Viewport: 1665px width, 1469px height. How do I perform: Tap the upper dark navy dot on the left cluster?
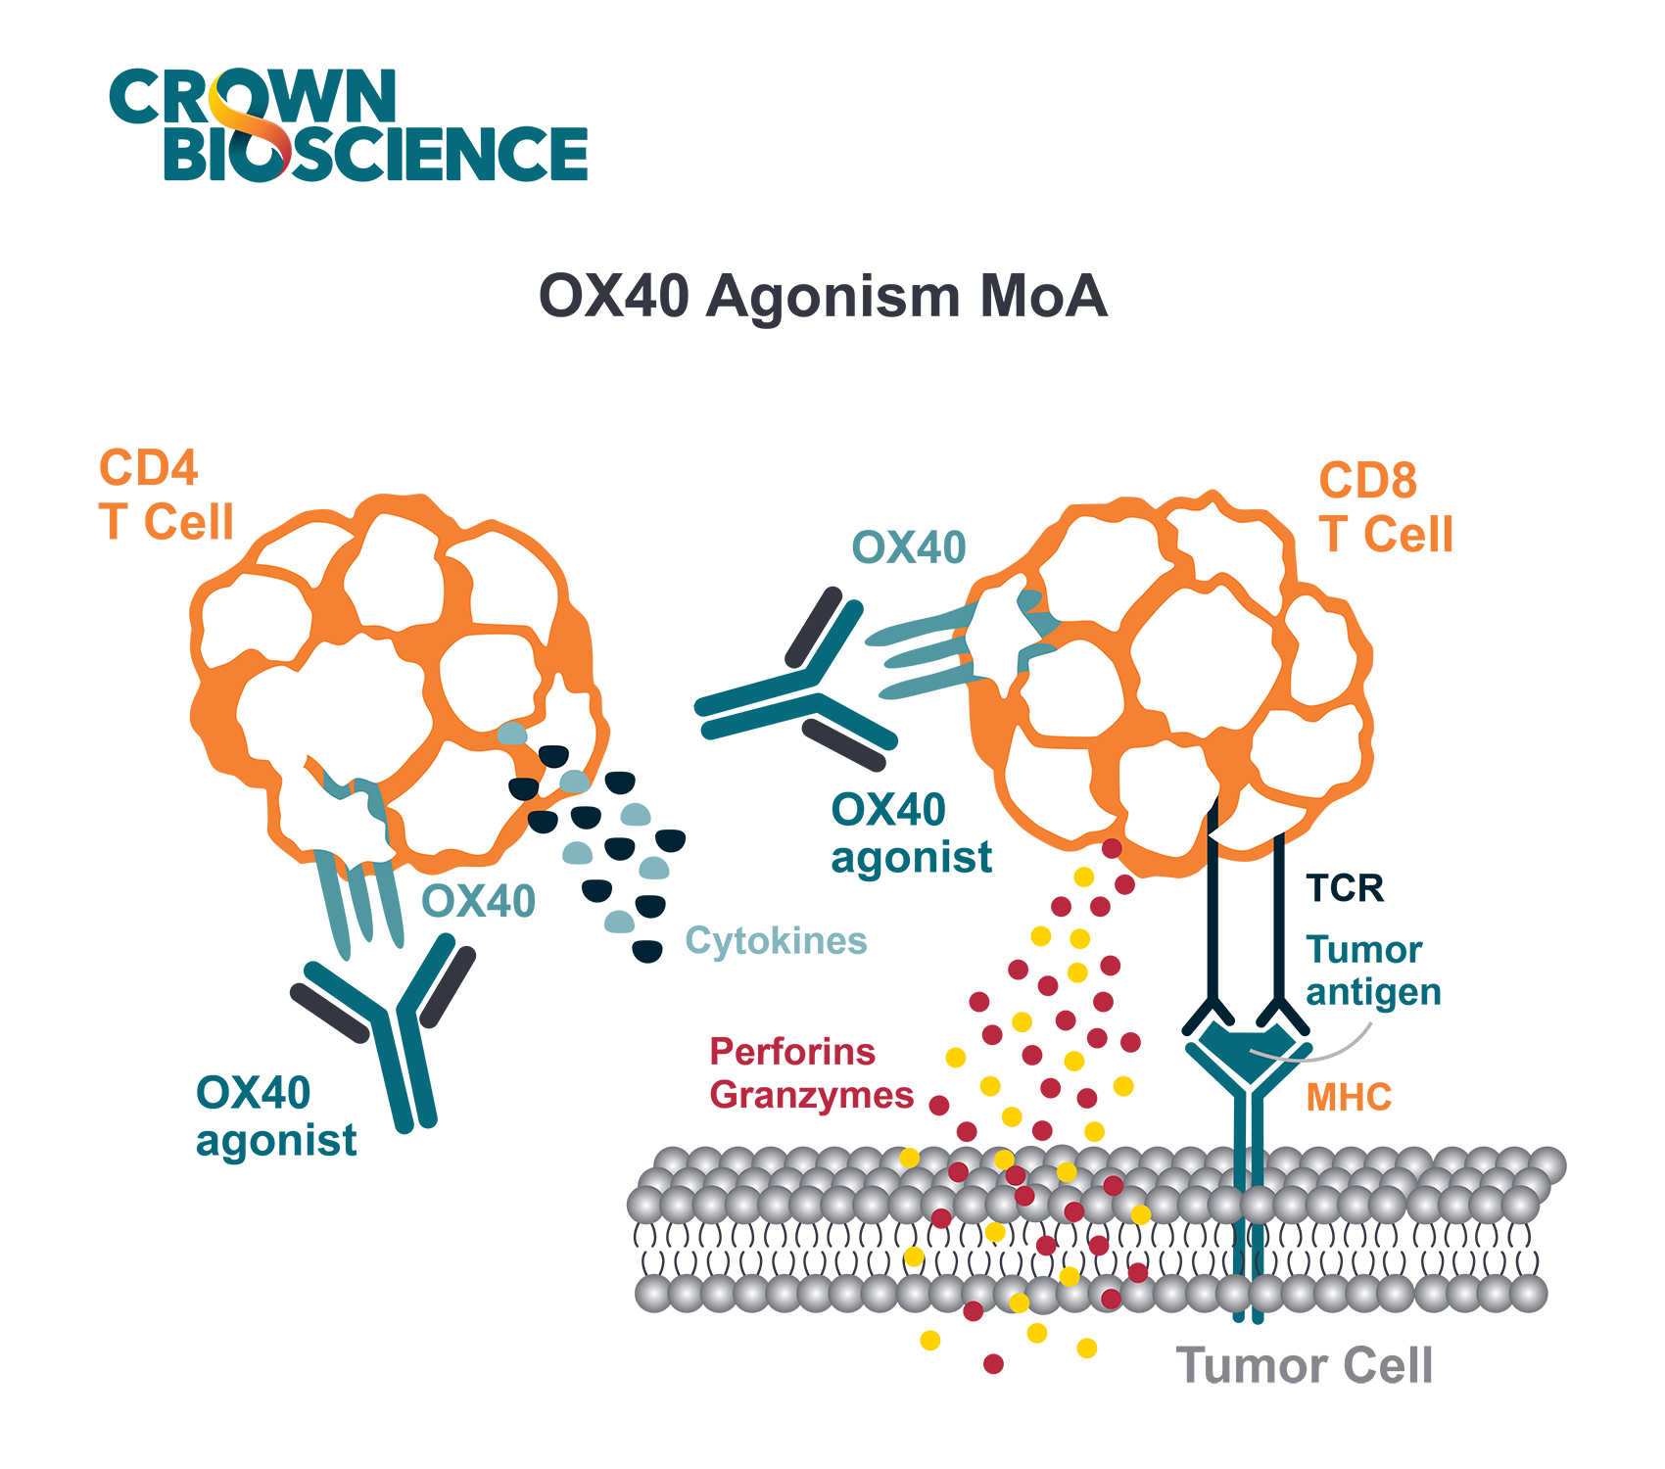pos(554,755)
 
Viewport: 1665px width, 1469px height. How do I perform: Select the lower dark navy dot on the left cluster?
pos(522,785)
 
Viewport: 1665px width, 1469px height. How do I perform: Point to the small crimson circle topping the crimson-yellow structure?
pos(1112,848)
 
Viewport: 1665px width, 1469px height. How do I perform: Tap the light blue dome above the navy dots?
pos(511,734)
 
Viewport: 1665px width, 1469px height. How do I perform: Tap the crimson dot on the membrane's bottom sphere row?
pos(1111,1298)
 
